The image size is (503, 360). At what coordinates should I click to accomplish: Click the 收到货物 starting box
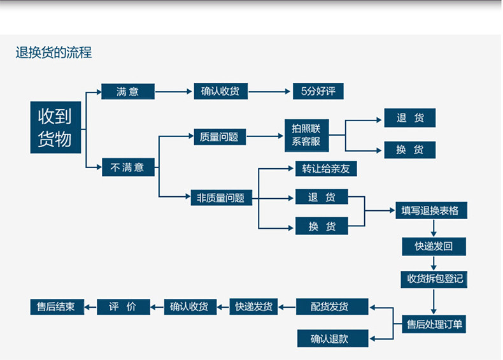(x=55, y=127)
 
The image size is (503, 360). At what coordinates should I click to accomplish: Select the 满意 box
(x=128, y=92)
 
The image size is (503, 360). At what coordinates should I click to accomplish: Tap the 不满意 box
(x=128, y=168)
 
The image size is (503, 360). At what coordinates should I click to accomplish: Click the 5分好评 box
(x=318, y=92)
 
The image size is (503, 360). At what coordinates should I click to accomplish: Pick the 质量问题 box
(x=219, y=136)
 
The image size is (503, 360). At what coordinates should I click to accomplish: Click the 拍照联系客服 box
(x=306, y=135)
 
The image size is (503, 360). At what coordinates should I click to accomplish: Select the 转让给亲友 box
(x=326, y=168)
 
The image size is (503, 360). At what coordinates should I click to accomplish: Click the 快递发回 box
(x=434, y=246)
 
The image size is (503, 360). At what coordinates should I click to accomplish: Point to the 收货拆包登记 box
(x=434, y=278)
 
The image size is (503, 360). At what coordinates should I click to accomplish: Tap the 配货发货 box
(x=332, y=306)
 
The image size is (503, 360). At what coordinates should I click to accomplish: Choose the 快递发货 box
(x=253, y=306)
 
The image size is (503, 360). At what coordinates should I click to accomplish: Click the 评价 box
(x=124, y=306)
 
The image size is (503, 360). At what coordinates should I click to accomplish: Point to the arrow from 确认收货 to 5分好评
(x=270, y=92)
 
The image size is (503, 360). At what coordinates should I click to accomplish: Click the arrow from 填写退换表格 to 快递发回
(x=434, y=228)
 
